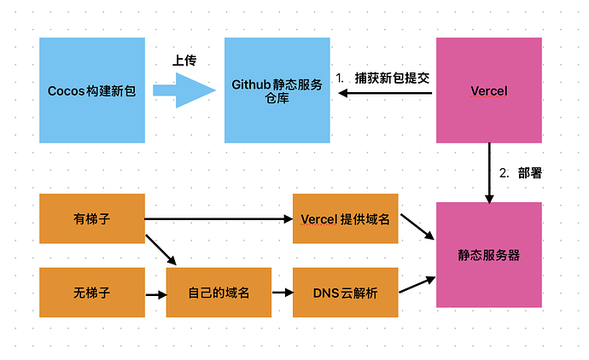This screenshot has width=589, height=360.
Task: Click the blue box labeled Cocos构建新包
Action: (92, 90)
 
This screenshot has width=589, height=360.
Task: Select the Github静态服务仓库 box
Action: (277, 90)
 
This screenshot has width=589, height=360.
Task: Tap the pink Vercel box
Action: (489, 90)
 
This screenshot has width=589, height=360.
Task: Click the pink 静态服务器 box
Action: (489, 254)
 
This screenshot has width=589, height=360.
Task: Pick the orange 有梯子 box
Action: (92, 218)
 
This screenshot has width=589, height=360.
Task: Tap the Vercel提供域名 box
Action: (345, 218)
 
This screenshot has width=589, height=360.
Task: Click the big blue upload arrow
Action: (184, 90)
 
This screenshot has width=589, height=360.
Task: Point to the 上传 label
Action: (185, 61)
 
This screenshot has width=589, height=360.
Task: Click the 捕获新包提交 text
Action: (394, 78)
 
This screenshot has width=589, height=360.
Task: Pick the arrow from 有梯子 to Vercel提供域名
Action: (219, 219)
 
